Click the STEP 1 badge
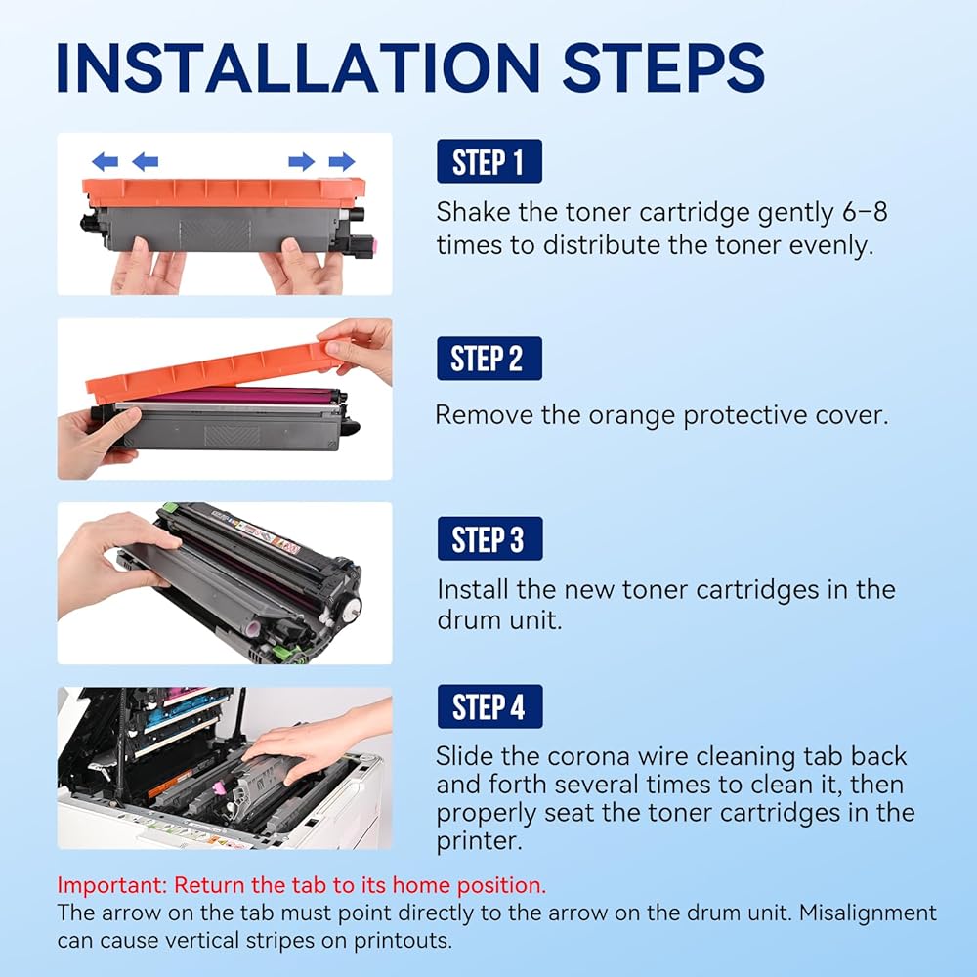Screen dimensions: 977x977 (x=489, y=161)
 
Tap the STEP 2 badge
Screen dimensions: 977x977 (x=489, y=359)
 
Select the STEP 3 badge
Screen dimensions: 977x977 (x=489, y=538)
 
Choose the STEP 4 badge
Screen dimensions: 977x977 (x=489, y=706)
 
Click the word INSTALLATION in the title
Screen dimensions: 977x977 (x=298, y=68)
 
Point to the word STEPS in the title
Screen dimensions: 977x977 (x=663, y=68)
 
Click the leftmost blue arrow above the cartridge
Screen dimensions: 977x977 (x=105, y=162)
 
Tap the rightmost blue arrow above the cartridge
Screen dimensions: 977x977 (x=341, y=162)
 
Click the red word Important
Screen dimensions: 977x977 (x=111, y=885)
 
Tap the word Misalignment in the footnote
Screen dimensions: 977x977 (x=868, y=913)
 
